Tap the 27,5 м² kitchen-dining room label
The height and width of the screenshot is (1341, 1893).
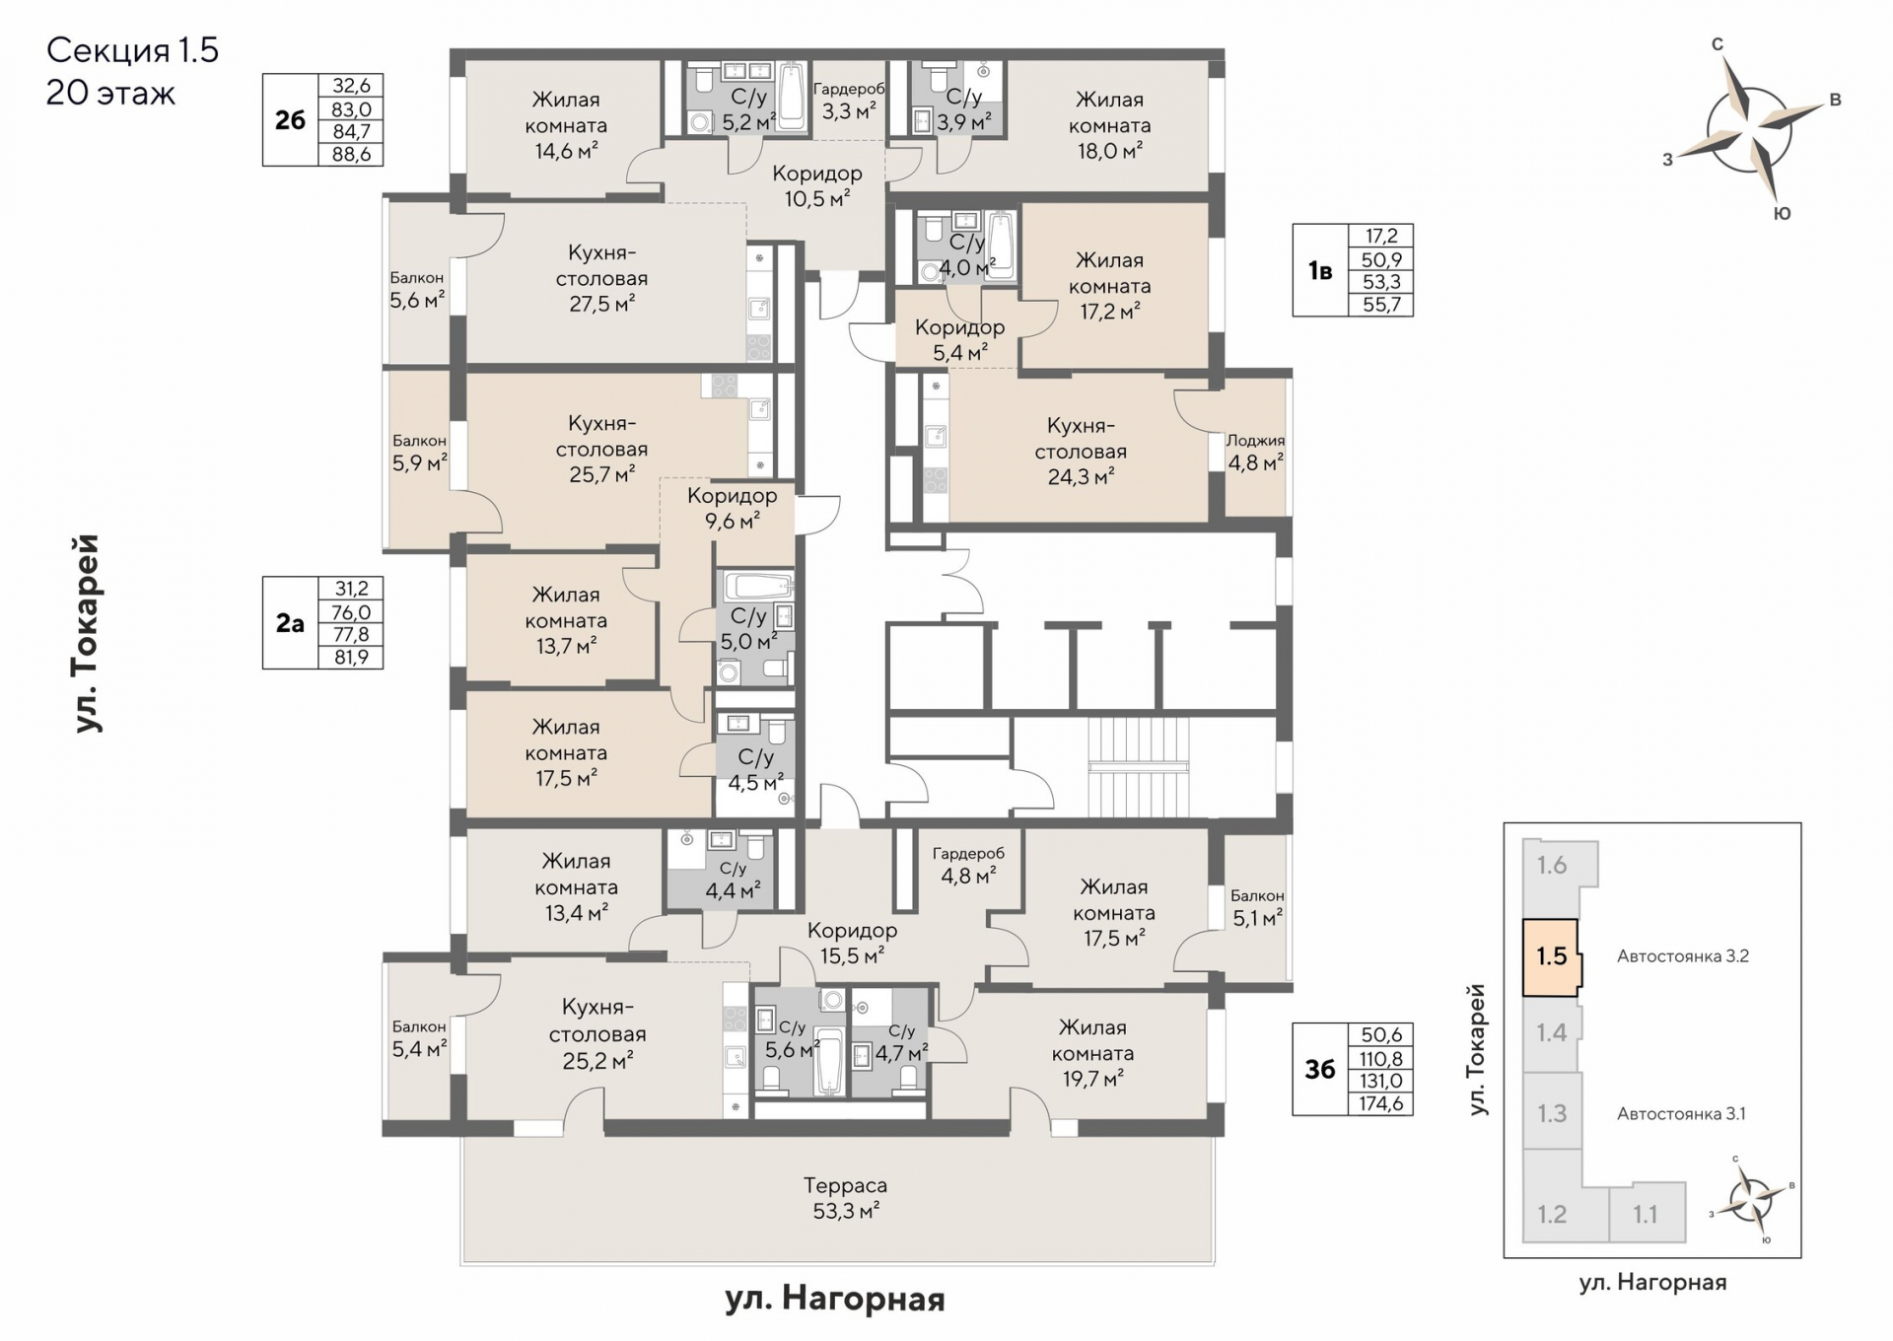pos(601,278)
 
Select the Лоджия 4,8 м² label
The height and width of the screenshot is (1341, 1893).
pos(1255,452)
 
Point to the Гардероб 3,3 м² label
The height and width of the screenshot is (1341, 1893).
pos(849,101)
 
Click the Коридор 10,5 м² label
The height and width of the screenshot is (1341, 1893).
pos(817,185)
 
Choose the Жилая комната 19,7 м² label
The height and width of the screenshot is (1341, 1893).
pos(1092,1053)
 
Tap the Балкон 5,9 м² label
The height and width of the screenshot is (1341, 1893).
pos(419,452)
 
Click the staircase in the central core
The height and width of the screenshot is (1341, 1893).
pos(1139,766)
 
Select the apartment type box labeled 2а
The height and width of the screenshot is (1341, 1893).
pos(290,623)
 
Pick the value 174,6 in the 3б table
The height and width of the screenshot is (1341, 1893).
pos(1380,1103)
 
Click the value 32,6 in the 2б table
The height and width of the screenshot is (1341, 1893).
pos(351,86)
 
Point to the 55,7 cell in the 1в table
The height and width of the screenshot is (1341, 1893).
pos(1381,305)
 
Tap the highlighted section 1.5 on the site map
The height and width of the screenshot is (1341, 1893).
pos(1551,956)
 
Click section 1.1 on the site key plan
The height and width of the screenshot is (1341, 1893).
pos(1646,1214)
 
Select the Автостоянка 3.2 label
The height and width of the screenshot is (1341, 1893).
pos(1683,955)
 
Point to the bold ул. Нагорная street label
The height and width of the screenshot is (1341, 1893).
pos(835,1300)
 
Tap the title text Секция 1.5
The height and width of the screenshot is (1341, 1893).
pos(132,50)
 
